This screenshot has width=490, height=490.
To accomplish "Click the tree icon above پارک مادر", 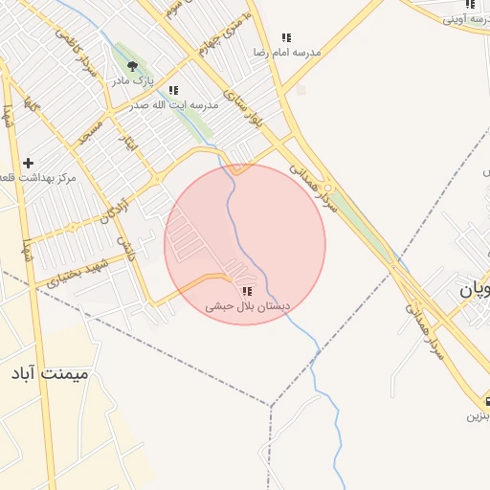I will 133,66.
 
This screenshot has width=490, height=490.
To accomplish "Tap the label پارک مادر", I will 133,83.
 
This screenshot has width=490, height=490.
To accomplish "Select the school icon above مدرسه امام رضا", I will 286,37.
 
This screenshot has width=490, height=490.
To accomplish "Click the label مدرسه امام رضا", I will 285,53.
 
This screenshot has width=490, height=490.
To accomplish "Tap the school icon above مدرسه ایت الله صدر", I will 173,90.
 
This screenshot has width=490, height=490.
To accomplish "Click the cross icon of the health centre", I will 28,164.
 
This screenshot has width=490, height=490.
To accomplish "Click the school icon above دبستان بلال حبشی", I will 247,291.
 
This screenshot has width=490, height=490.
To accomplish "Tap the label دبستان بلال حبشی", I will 247,307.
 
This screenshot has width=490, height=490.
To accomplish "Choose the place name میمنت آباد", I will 49,372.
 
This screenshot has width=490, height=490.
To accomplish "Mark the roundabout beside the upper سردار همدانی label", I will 329,188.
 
